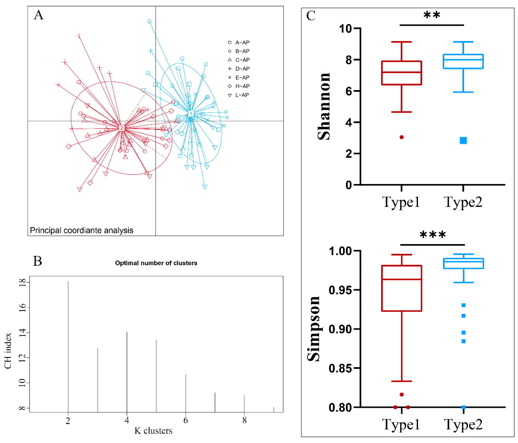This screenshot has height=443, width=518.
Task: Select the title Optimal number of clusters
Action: (156, 263)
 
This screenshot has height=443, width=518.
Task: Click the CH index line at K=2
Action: (68, 345)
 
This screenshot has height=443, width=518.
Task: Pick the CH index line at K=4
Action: (127, 370)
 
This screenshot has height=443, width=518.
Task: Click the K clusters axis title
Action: (153, 431)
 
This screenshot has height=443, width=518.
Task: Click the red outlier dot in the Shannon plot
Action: (402, 137)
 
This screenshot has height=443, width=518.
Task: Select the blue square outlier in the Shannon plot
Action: (463, 140)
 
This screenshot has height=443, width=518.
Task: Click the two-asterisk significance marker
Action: (432, 15)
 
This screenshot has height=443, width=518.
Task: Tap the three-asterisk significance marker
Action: (433, 235)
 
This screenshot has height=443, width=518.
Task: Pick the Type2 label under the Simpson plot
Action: (463, 424)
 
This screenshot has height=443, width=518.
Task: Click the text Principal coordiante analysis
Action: (82, 230)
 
